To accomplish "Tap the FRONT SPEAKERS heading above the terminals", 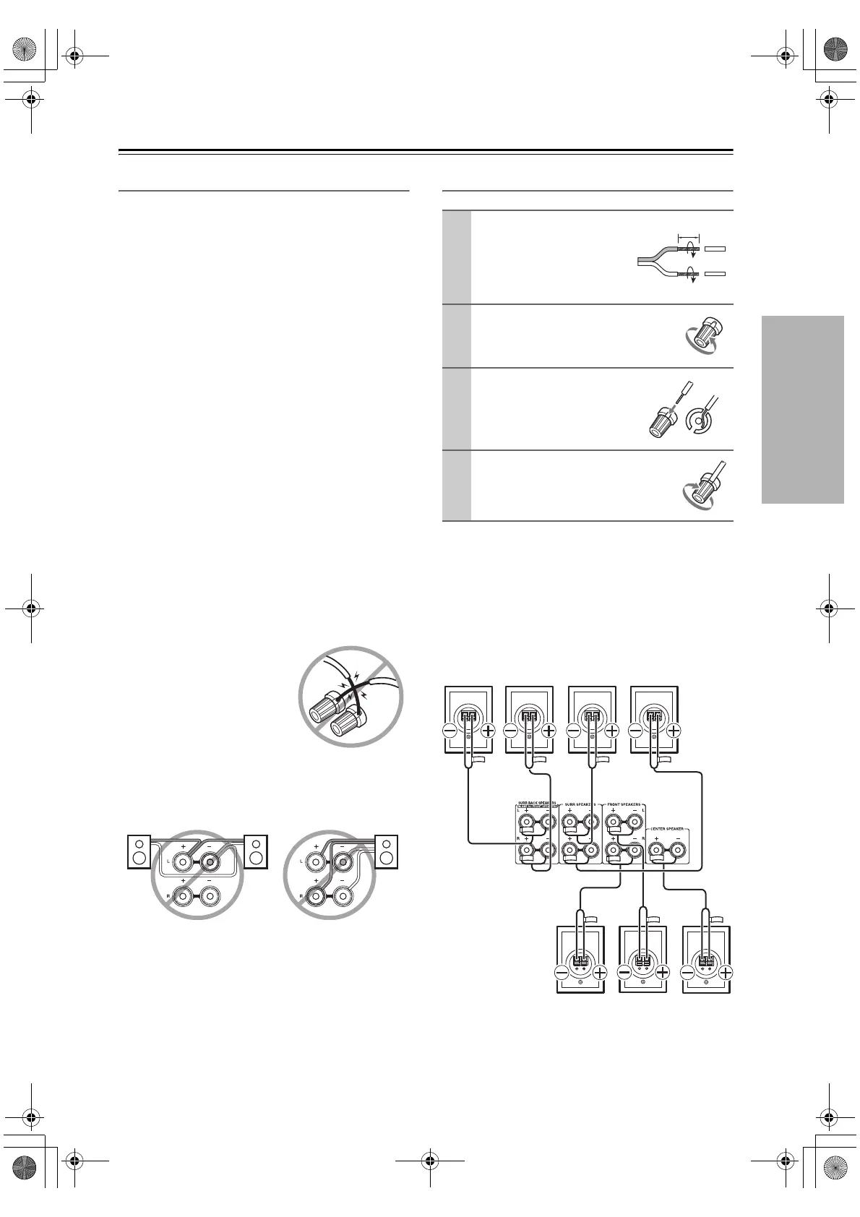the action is [x=623, y=804].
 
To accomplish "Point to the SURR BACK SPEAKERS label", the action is [x=536, y=803].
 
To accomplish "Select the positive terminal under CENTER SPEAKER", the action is [x=657, y=853].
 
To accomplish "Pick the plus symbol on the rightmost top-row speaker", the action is [x=674, y=730].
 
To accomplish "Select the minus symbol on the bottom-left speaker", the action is [x=563, y=973].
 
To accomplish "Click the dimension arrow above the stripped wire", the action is [x=689, y=236].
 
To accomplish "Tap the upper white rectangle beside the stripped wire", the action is [x=714, y=248].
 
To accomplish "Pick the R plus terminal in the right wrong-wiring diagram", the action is [x=317, y=896].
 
